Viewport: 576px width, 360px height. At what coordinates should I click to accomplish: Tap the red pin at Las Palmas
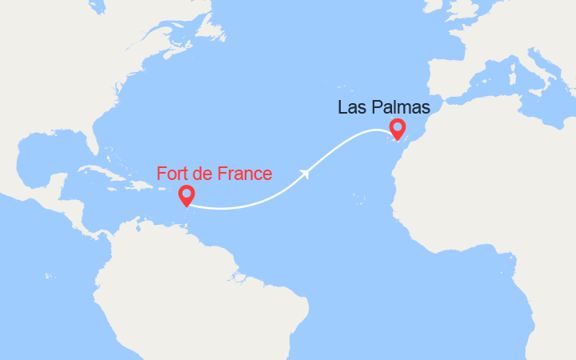(397, 128)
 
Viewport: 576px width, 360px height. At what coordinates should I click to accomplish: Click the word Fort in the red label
(173, 174)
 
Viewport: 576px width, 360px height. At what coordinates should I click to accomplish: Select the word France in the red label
(242, 174)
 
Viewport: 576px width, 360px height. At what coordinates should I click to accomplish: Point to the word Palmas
(402, 107)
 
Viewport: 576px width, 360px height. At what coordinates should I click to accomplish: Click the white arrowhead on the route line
(306, 171)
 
